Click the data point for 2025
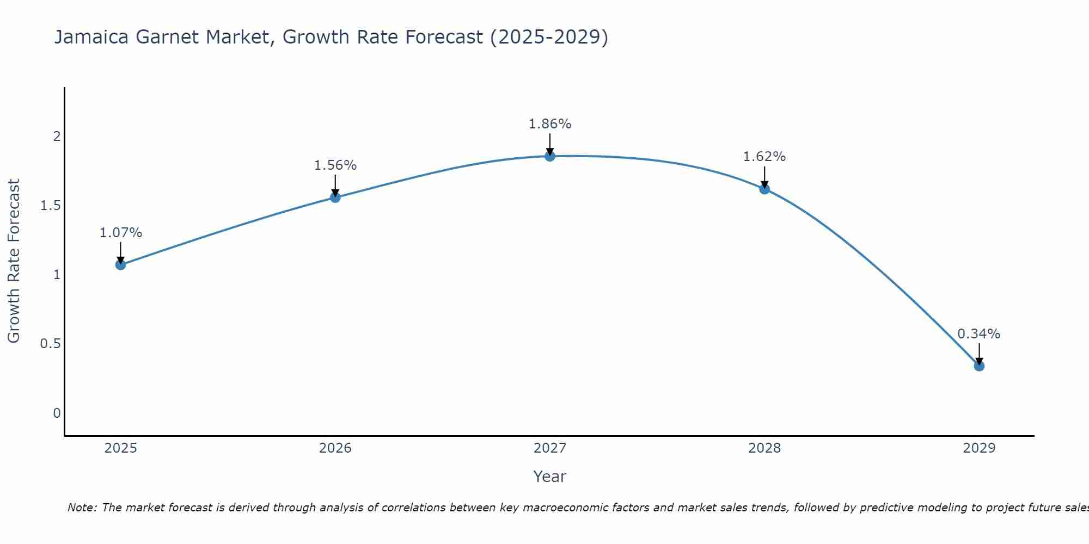coord(120,265)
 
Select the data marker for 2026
coord(335,197)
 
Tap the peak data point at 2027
coord(550,156)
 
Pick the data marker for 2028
coord(764,189)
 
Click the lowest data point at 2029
coord(979,366)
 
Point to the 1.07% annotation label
coord(121,233)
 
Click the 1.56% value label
coord(335,165)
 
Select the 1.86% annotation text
coord(550,124)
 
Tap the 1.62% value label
coord(764,157)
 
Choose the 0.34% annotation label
coord(979,334)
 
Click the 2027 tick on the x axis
coord(550,448)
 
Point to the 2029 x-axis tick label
coord(979,448)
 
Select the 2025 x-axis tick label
coord(120,448)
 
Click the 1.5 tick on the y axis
coord(50,206)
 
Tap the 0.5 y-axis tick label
coord(50,344)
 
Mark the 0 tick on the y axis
coord(57,413)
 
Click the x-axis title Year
coord(550,477)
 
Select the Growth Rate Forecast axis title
coord(14,261)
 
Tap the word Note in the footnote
coord(82,508)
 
